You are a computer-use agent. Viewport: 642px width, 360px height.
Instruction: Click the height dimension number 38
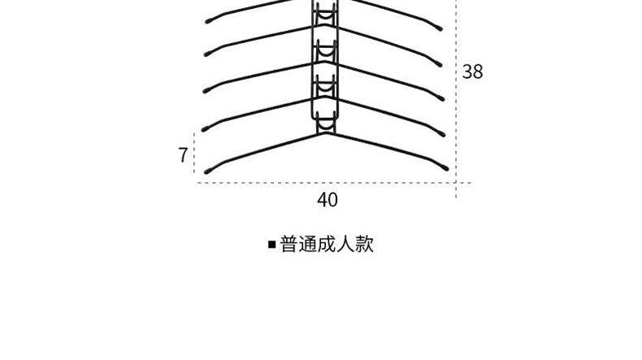472,72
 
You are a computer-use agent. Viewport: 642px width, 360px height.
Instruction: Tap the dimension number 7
183,155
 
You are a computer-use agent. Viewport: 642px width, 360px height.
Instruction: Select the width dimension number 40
328,200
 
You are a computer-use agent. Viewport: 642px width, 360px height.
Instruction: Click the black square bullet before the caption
272,245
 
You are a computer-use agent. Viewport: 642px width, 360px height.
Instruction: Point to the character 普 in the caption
288,245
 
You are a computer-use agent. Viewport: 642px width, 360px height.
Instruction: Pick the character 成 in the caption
327,245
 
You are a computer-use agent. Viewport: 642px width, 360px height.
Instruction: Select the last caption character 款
365,245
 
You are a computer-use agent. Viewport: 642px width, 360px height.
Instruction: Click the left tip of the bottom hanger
206,171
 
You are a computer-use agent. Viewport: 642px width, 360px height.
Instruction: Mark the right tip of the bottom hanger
445,168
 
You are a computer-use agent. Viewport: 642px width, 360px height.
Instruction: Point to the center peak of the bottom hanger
327,133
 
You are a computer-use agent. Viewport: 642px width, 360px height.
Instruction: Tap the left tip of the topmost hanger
207,21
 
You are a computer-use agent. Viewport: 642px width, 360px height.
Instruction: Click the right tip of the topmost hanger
440,28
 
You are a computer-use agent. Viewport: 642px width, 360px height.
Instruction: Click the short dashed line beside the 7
194,153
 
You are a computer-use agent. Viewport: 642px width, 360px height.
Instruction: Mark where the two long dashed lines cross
456,183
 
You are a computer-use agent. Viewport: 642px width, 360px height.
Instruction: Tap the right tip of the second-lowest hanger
442,134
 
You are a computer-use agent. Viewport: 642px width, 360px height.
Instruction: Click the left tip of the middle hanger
206,91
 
